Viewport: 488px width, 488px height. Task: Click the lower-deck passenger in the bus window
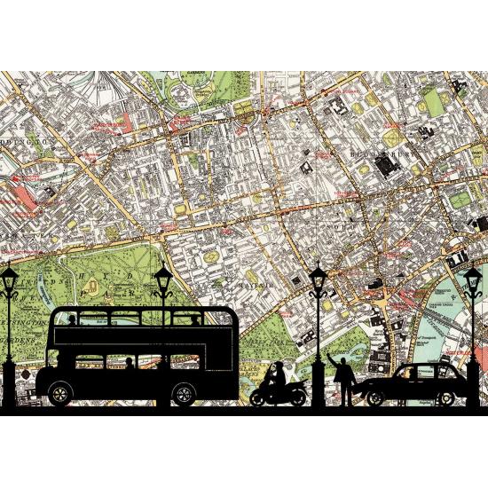130,362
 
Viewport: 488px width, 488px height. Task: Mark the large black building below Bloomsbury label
387,164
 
